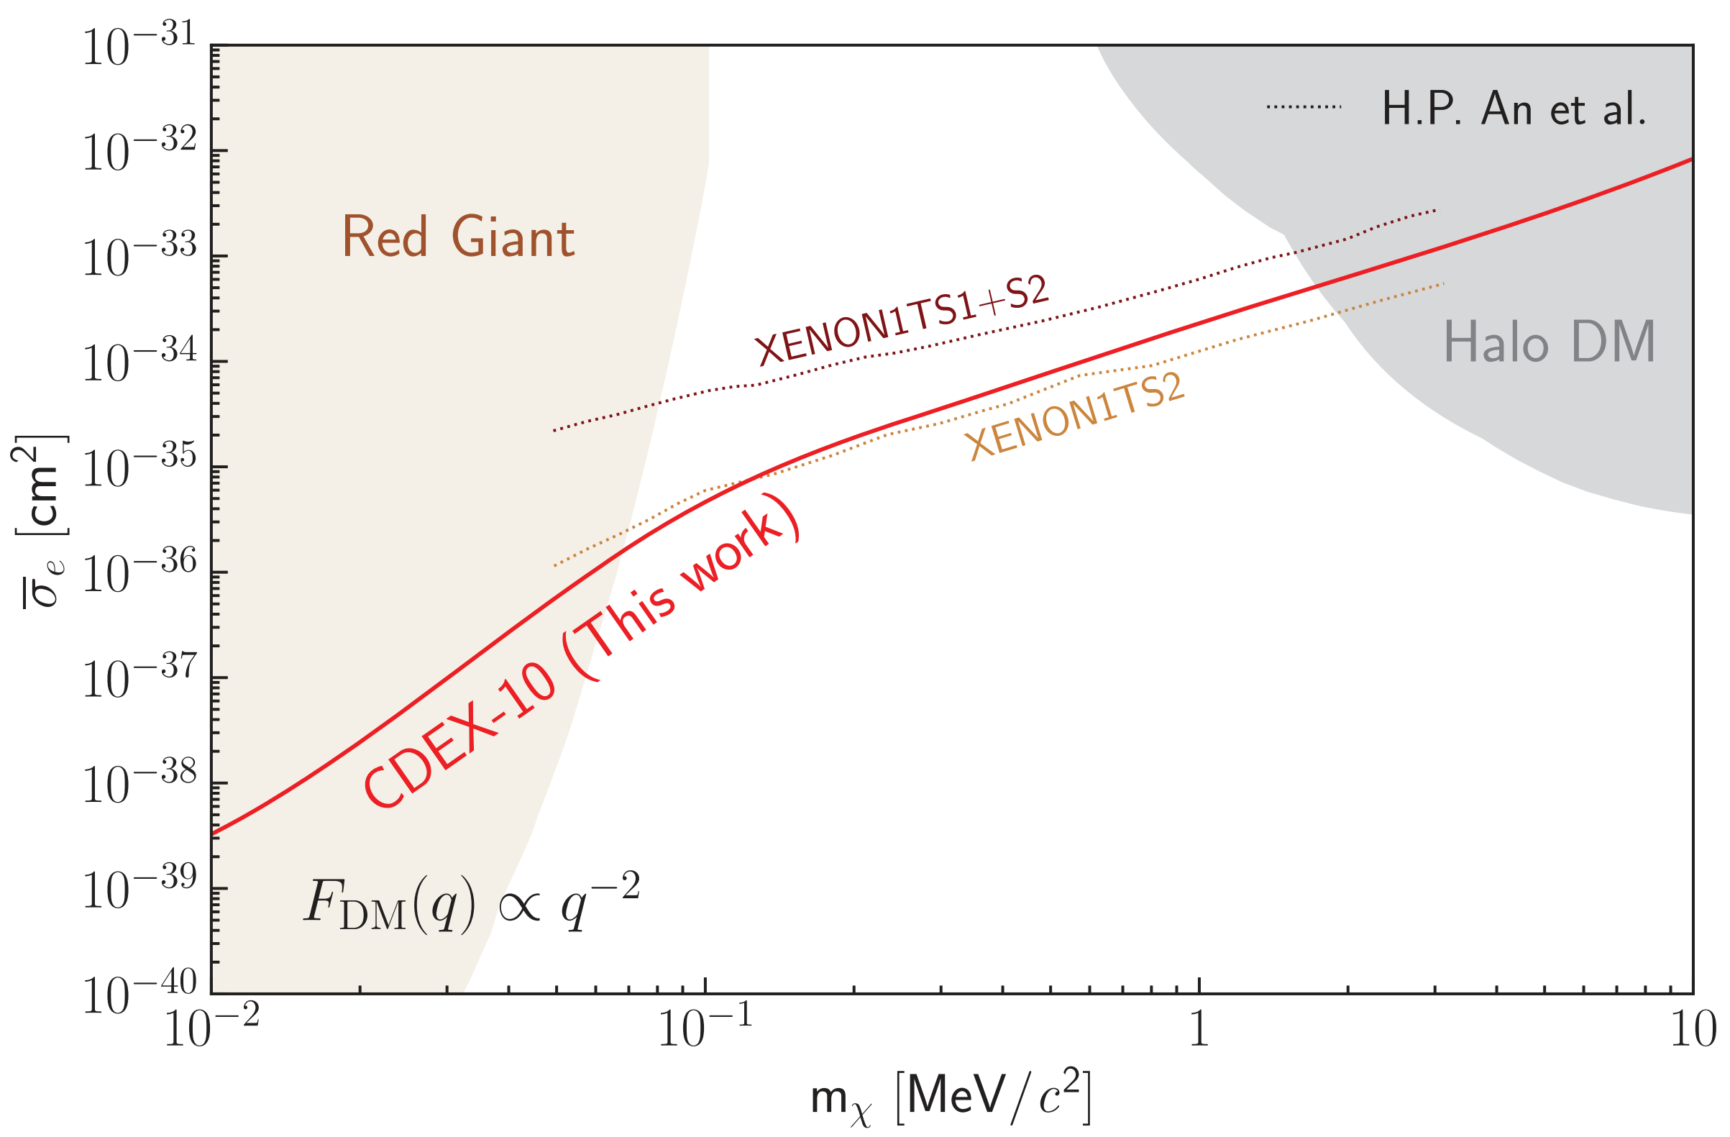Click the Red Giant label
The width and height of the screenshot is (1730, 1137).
(x=458, y=237)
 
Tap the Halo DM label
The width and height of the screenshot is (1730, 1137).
(x=1548, y=342)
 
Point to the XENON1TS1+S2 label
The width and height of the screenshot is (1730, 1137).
(x=902, y=321)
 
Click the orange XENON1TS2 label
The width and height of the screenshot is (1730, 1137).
(x=1076, y=416)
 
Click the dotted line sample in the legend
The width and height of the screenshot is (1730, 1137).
(x=1304, y=108)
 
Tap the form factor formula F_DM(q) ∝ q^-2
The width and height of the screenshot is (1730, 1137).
(x=471, y=905)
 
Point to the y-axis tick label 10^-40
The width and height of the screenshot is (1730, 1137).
(x=138, y=995)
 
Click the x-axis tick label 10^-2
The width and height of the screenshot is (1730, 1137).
(x=211, y=1031)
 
